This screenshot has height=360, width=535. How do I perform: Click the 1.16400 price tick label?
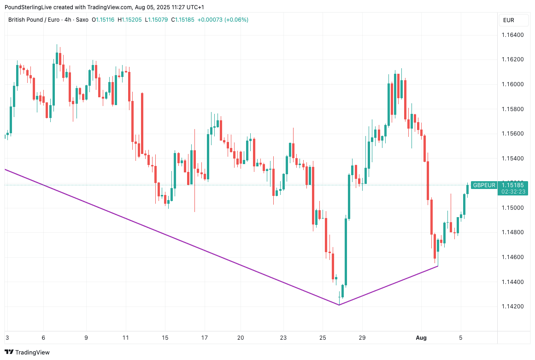click(512, 35)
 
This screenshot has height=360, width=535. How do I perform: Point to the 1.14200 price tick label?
click(512, 307)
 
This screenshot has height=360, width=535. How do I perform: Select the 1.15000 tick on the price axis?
click(512, 208)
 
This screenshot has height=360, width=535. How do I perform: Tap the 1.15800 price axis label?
click(512, 109)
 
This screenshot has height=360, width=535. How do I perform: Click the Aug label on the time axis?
click(421, 338)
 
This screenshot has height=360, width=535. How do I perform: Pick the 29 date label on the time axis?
click(362, 338)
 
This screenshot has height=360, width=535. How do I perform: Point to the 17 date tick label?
click(205, 338)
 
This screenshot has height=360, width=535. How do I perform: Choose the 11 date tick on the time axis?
click(126, 338)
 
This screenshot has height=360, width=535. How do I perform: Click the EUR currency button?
click(509, 20)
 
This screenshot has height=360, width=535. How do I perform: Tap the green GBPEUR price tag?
click(484, 185)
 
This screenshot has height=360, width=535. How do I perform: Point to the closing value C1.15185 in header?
click(182, 20)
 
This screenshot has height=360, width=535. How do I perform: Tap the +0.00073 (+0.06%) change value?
click(223, 20)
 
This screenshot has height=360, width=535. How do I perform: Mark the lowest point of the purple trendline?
click(339, 305)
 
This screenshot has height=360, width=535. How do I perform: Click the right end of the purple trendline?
click(437, 266)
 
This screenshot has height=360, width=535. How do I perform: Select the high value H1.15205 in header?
click(130, 20)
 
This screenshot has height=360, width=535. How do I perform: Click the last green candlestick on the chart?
click(467, 189)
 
